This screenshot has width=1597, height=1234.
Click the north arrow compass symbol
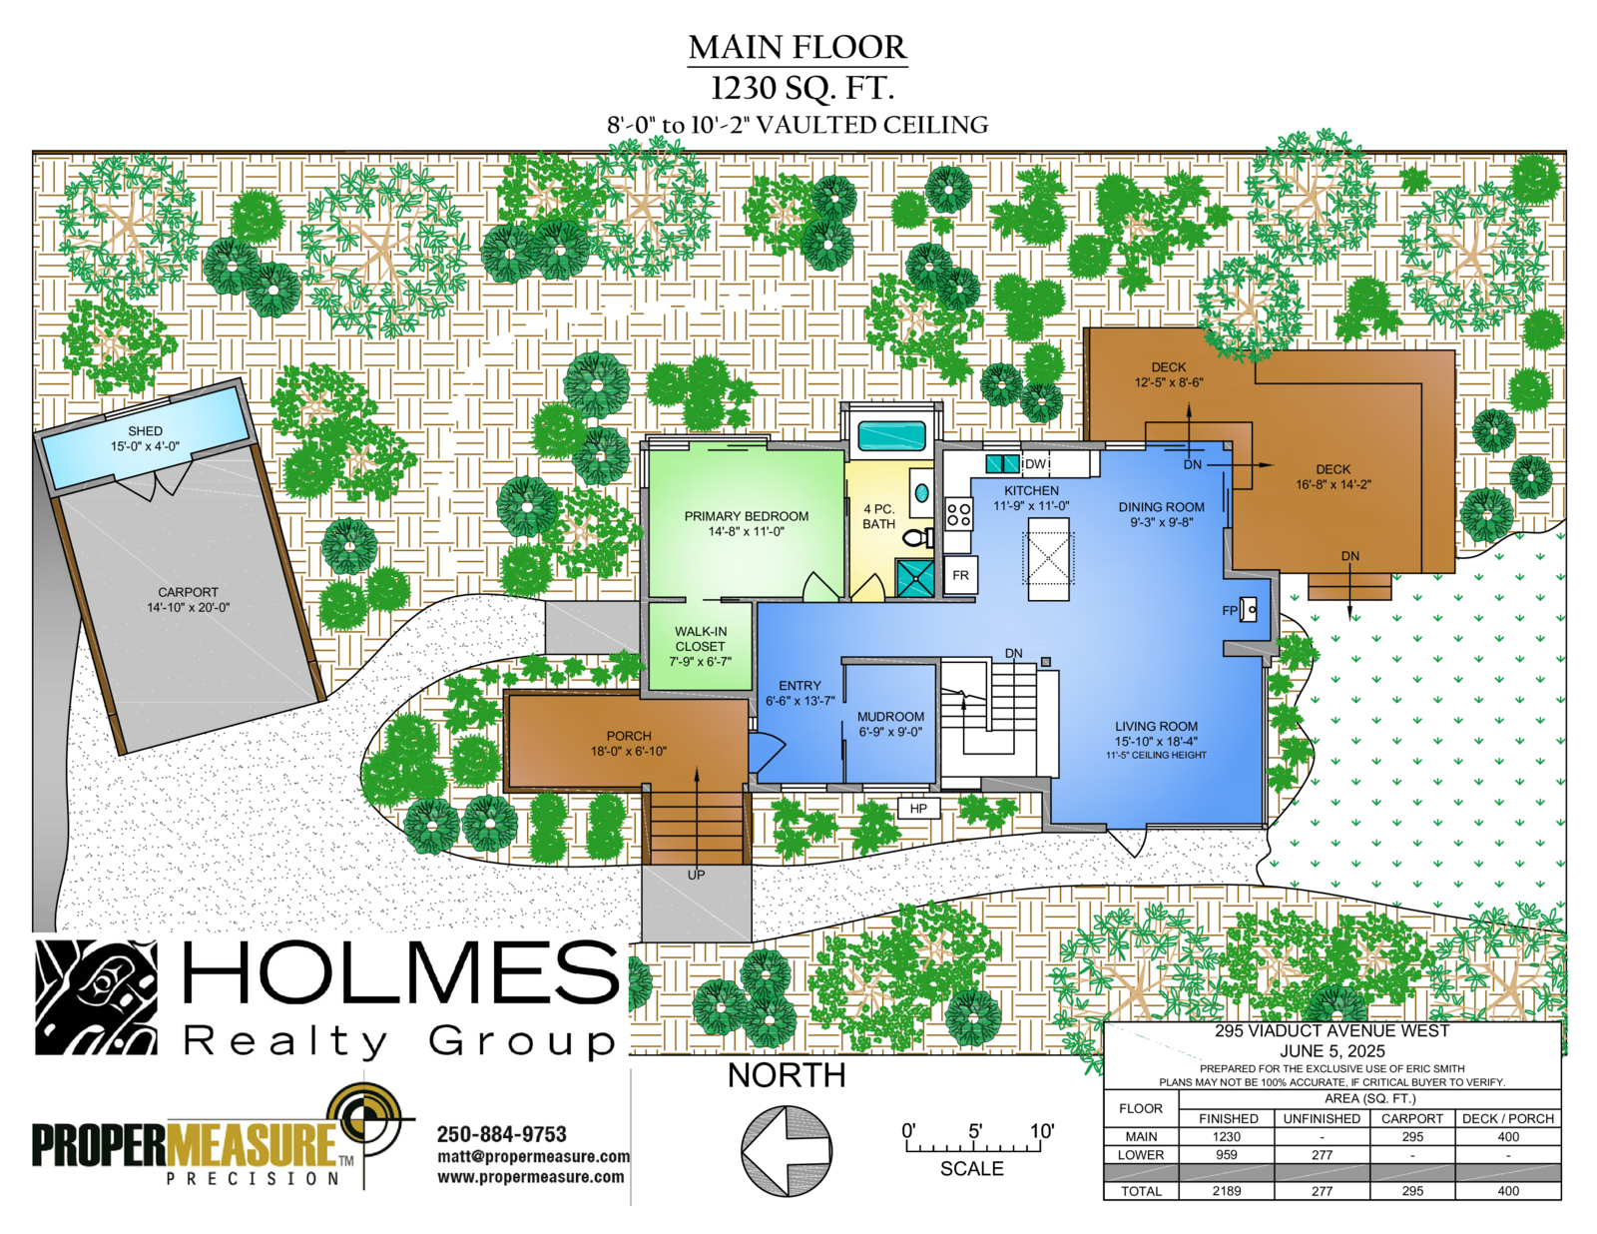(786, 1151)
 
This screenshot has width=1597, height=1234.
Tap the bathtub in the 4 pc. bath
(891, 435)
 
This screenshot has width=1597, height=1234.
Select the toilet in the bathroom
(918, 537)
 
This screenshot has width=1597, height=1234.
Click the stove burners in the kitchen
(958, 514)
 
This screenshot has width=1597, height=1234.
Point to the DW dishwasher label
(1035, 464)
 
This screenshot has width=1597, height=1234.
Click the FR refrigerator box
(960, 575)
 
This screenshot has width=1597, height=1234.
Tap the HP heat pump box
(918, 809)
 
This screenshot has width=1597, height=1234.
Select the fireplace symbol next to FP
(1248, 609)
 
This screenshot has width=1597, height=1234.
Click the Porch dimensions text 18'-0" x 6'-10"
(629, 751)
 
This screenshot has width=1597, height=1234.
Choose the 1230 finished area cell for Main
(1226, 1136)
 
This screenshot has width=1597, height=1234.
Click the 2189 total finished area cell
(1226, 1191)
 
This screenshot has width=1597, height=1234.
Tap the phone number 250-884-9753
(502, 1134)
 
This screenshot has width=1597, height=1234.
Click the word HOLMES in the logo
(400, 972)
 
